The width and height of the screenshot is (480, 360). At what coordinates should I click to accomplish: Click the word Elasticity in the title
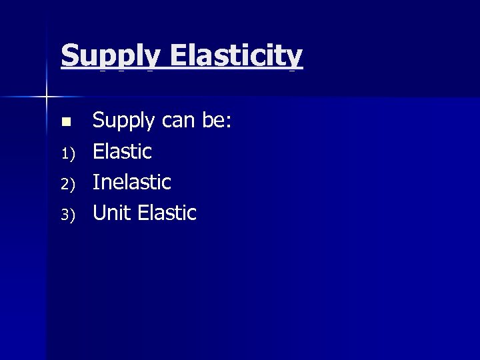236,57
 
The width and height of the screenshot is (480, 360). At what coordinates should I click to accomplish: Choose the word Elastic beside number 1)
122,151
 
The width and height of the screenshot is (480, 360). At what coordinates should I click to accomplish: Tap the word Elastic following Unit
167,213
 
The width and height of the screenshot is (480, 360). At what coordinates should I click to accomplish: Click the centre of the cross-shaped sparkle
47,97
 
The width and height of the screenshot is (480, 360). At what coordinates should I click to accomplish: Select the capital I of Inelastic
96,182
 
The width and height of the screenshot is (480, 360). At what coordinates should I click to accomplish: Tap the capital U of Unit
101,213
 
